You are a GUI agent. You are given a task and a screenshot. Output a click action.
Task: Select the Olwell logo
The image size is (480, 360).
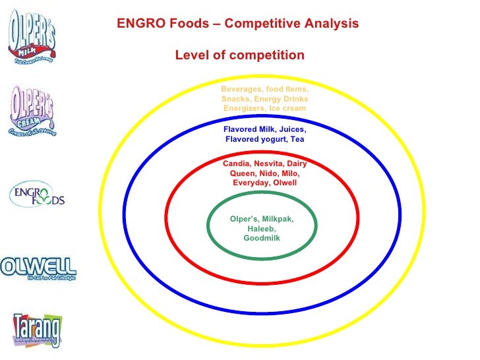point(38,267)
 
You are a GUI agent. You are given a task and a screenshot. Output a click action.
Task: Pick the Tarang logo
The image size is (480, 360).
point(38,328)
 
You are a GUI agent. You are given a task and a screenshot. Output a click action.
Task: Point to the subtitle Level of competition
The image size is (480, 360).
point(239,55)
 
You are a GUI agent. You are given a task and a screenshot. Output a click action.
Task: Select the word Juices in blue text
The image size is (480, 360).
point(289,130)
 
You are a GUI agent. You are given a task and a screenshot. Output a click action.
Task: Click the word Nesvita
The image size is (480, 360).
point(270,163)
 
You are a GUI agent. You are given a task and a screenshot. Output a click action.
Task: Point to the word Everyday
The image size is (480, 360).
point(251,183)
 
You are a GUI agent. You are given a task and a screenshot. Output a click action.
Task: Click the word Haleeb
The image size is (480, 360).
point(262,229)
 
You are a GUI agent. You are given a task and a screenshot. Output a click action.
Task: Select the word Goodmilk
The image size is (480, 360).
point(262,239)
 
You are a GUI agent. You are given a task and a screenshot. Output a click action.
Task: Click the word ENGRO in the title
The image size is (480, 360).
point(138,24)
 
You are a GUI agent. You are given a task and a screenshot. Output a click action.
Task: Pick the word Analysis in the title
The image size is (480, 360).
point(332,24)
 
